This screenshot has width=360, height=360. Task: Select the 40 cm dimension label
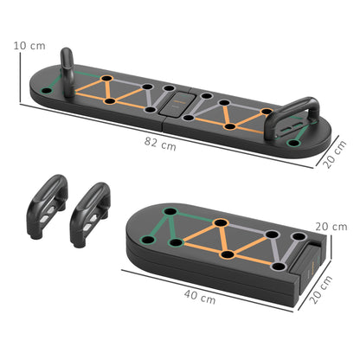pos(201,297)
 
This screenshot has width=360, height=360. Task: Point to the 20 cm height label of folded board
pos(330,228)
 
